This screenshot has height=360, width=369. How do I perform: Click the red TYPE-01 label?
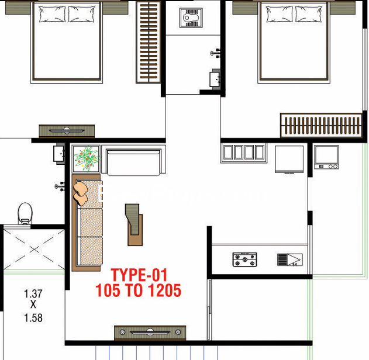[x=139, y=275]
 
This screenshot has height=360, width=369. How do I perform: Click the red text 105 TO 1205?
[x=138, y=290]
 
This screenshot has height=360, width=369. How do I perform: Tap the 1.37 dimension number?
[x=33, y=294]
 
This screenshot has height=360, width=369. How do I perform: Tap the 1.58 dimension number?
[x=33, y=318]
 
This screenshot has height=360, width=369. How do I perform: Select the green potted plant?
[x=87, y=159]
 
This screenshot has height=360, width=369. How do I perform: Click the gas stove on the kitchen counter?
[x=244, y=259]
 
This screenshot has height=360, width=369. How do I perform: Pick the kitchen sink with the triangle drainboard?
[x=290, y=259]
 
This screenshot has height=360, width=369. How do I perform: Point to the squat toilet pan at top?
[x=191, y=18]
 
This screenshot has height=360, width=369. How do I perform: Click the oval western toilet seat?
[x=25, y=213]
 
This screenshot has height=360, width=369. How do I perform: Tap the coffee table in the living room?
[x=134, y=225]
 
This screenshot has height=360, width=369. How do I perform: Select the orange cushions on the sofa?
[x=81, y=193]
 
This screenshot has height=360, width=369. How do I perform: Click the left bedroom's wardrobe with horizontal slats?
[x=149, y=42]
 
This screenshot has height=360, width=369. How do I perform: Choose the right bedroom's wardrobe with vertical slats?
[x=321, y=125]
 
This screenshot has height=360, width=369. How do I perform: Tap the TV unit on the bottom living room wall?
[x=150, y=333]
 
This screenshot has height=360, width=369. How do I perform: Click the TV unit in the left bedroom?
[x=67, y=131]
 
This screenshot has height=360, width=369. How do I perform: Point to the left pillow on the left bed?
[x=52, y=15]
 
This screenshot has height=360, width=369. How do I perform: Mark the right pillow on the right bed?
[x=309, y=15]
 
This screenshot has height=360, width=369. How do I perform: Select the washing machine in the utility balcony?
[x=326, y=157]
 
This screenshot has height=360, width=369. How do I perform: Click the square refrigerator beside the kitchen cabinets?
[x=289, y=160]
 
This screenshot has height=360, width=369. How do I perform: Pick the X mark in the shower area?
[x=35, y=250]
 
